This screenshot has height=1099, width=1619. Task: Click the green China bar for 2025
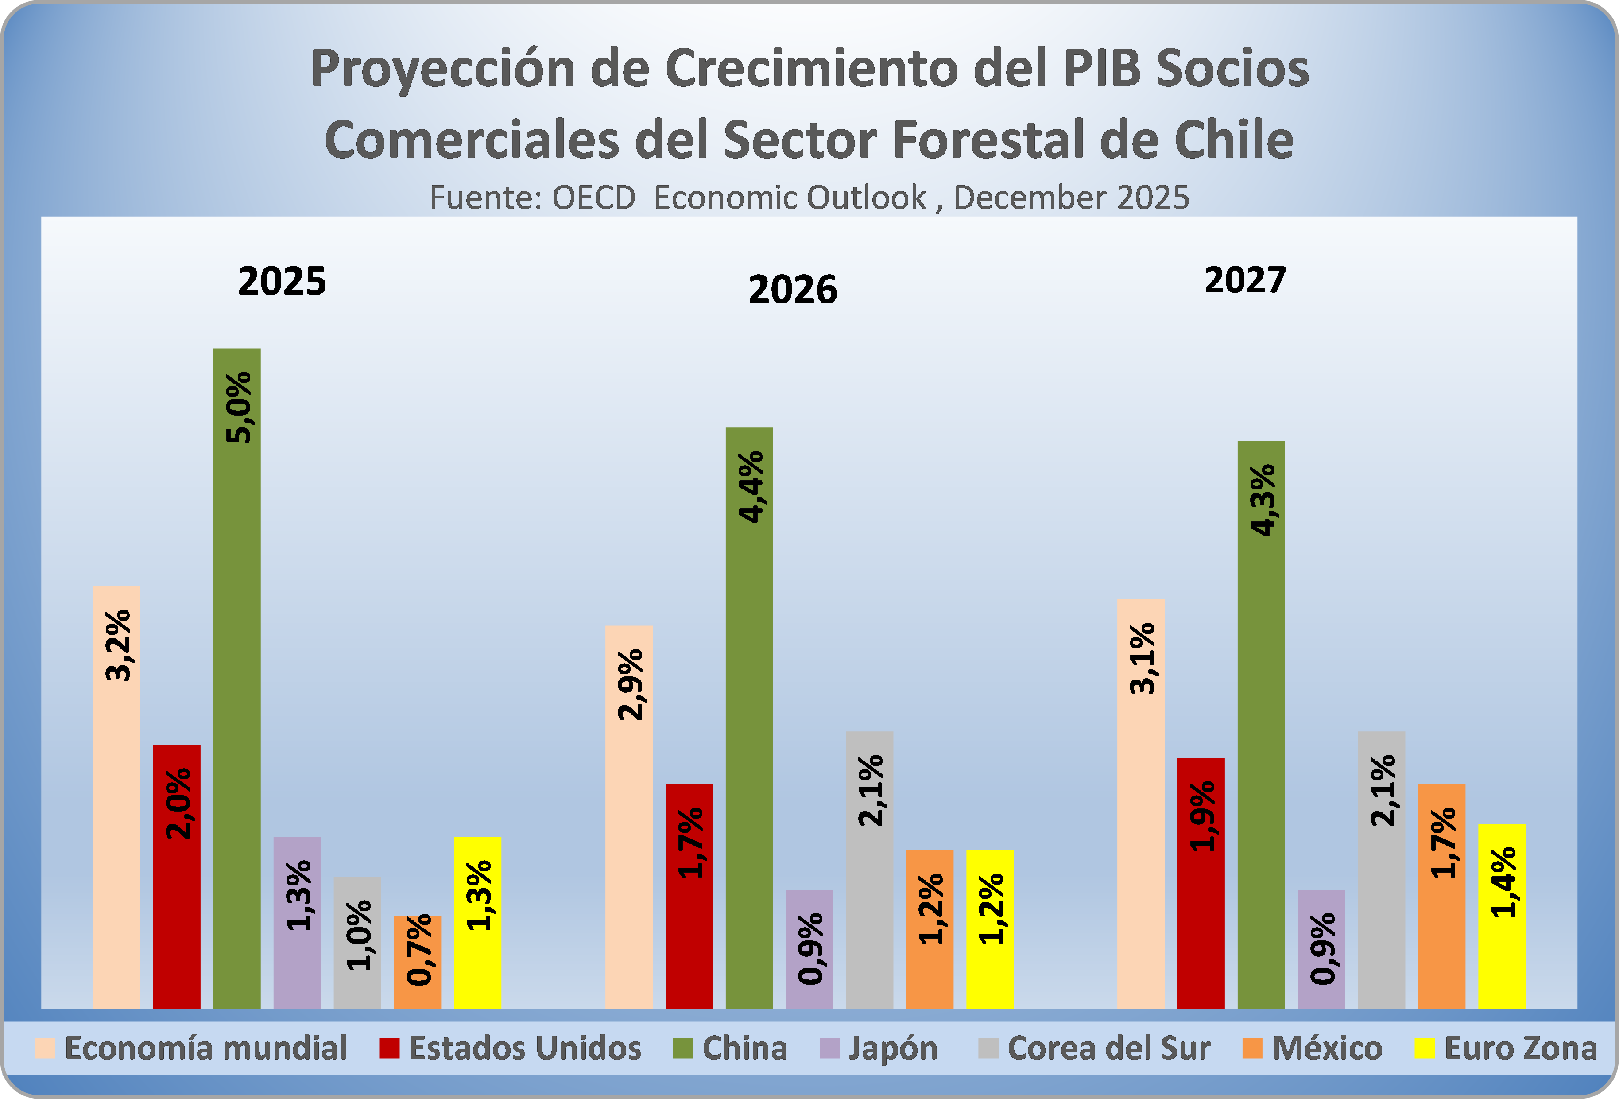tap(237, 697)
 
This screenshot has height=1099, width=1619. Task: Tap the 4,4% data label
tap(750, 486)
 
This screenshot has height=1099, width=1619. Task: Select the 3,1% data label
tap(1142, 659)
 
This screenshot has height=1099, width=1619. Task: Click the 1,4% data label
tap(1503, 882)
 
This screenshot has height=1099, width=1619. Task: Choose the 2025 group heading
tap(282, 282)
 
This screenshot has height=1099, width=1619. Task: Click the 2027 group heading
tap(1245, 280)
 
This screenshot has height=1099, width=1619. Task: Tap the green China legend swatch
tap(683, 1048)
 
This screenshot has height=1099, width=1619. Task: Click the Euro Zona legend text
tap(1521, 1048)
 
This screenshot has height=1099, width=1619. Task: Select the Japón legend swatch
tap(830, 1048)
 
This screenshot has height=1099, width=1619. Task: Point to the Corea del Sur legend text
tap(1109, 1048)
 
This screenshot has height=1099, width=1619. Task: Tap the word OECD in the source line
tap(593, 198)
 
